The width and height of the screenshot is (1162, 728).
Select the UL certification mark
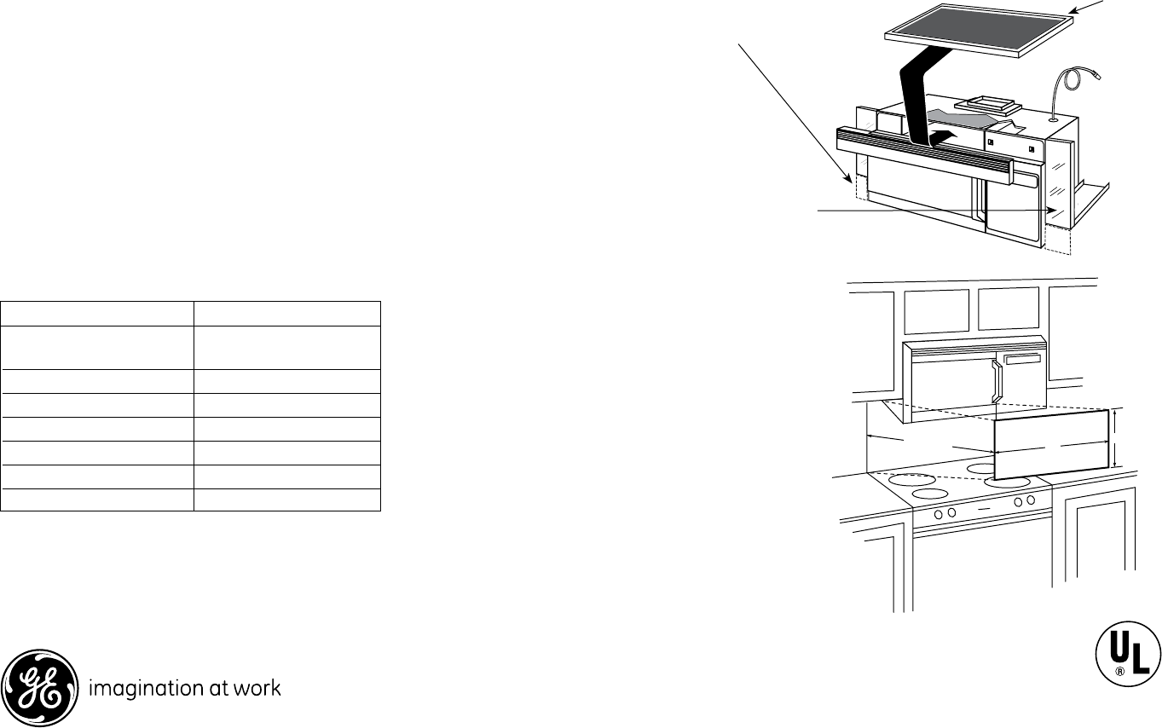tap(1124, 656)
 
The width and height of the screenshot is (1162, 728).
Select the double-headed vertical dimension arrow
tap(1113, 440)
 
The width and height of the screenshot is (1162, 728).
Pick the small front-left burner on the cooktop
tap(931, 494)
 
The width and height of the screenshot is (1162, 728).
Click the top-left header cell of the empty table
tap(97, 313)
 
